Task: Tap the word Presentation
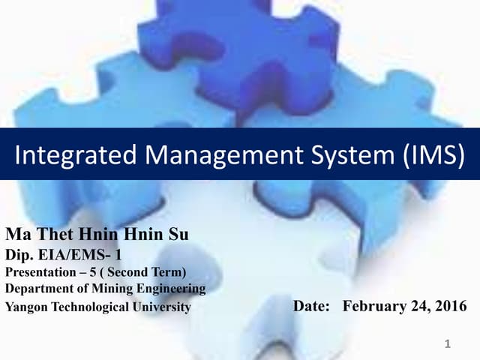40,271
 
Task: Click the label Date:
311,306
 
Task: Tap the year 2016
448,306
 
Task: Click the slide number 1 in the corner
447,344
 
